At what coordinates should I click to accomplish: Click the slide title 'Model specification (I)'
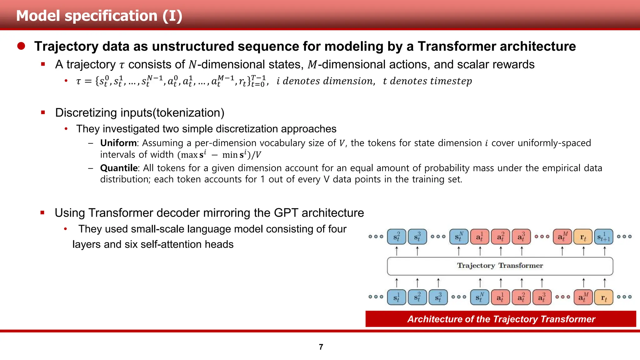(99, 16)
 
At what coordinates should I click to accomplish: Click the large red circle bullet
(21, 46)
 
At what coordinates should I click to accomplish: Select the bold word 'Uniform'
(118, 143)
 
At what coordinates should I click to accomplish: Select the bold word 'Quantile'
(119, 168)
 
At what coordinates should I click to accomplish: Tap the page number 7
(321, 347)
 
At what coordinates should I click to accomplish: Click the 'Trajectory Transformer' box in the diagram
(500, 266)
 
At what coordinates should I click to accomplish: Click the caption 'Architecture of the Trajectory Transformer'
(501, 319)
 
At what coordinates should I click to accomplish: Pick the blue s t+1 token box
(603, 237)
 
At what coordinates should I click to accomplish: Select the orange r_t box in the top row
(583, 237)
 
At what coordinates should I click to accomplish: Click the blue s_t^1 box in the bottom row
(396, 297)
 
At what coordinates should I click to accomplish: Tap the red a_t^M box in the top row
(562, 237)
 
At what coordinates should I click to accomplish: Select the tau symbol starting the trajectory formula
(78, 82)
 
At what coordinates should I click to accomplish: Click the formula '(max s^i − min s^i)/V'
(219, 155)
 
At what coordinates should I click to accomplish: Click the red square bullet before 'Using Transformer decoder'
(42, 213)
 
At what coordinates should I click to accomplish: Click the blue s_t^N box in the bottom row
(480, 297)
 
